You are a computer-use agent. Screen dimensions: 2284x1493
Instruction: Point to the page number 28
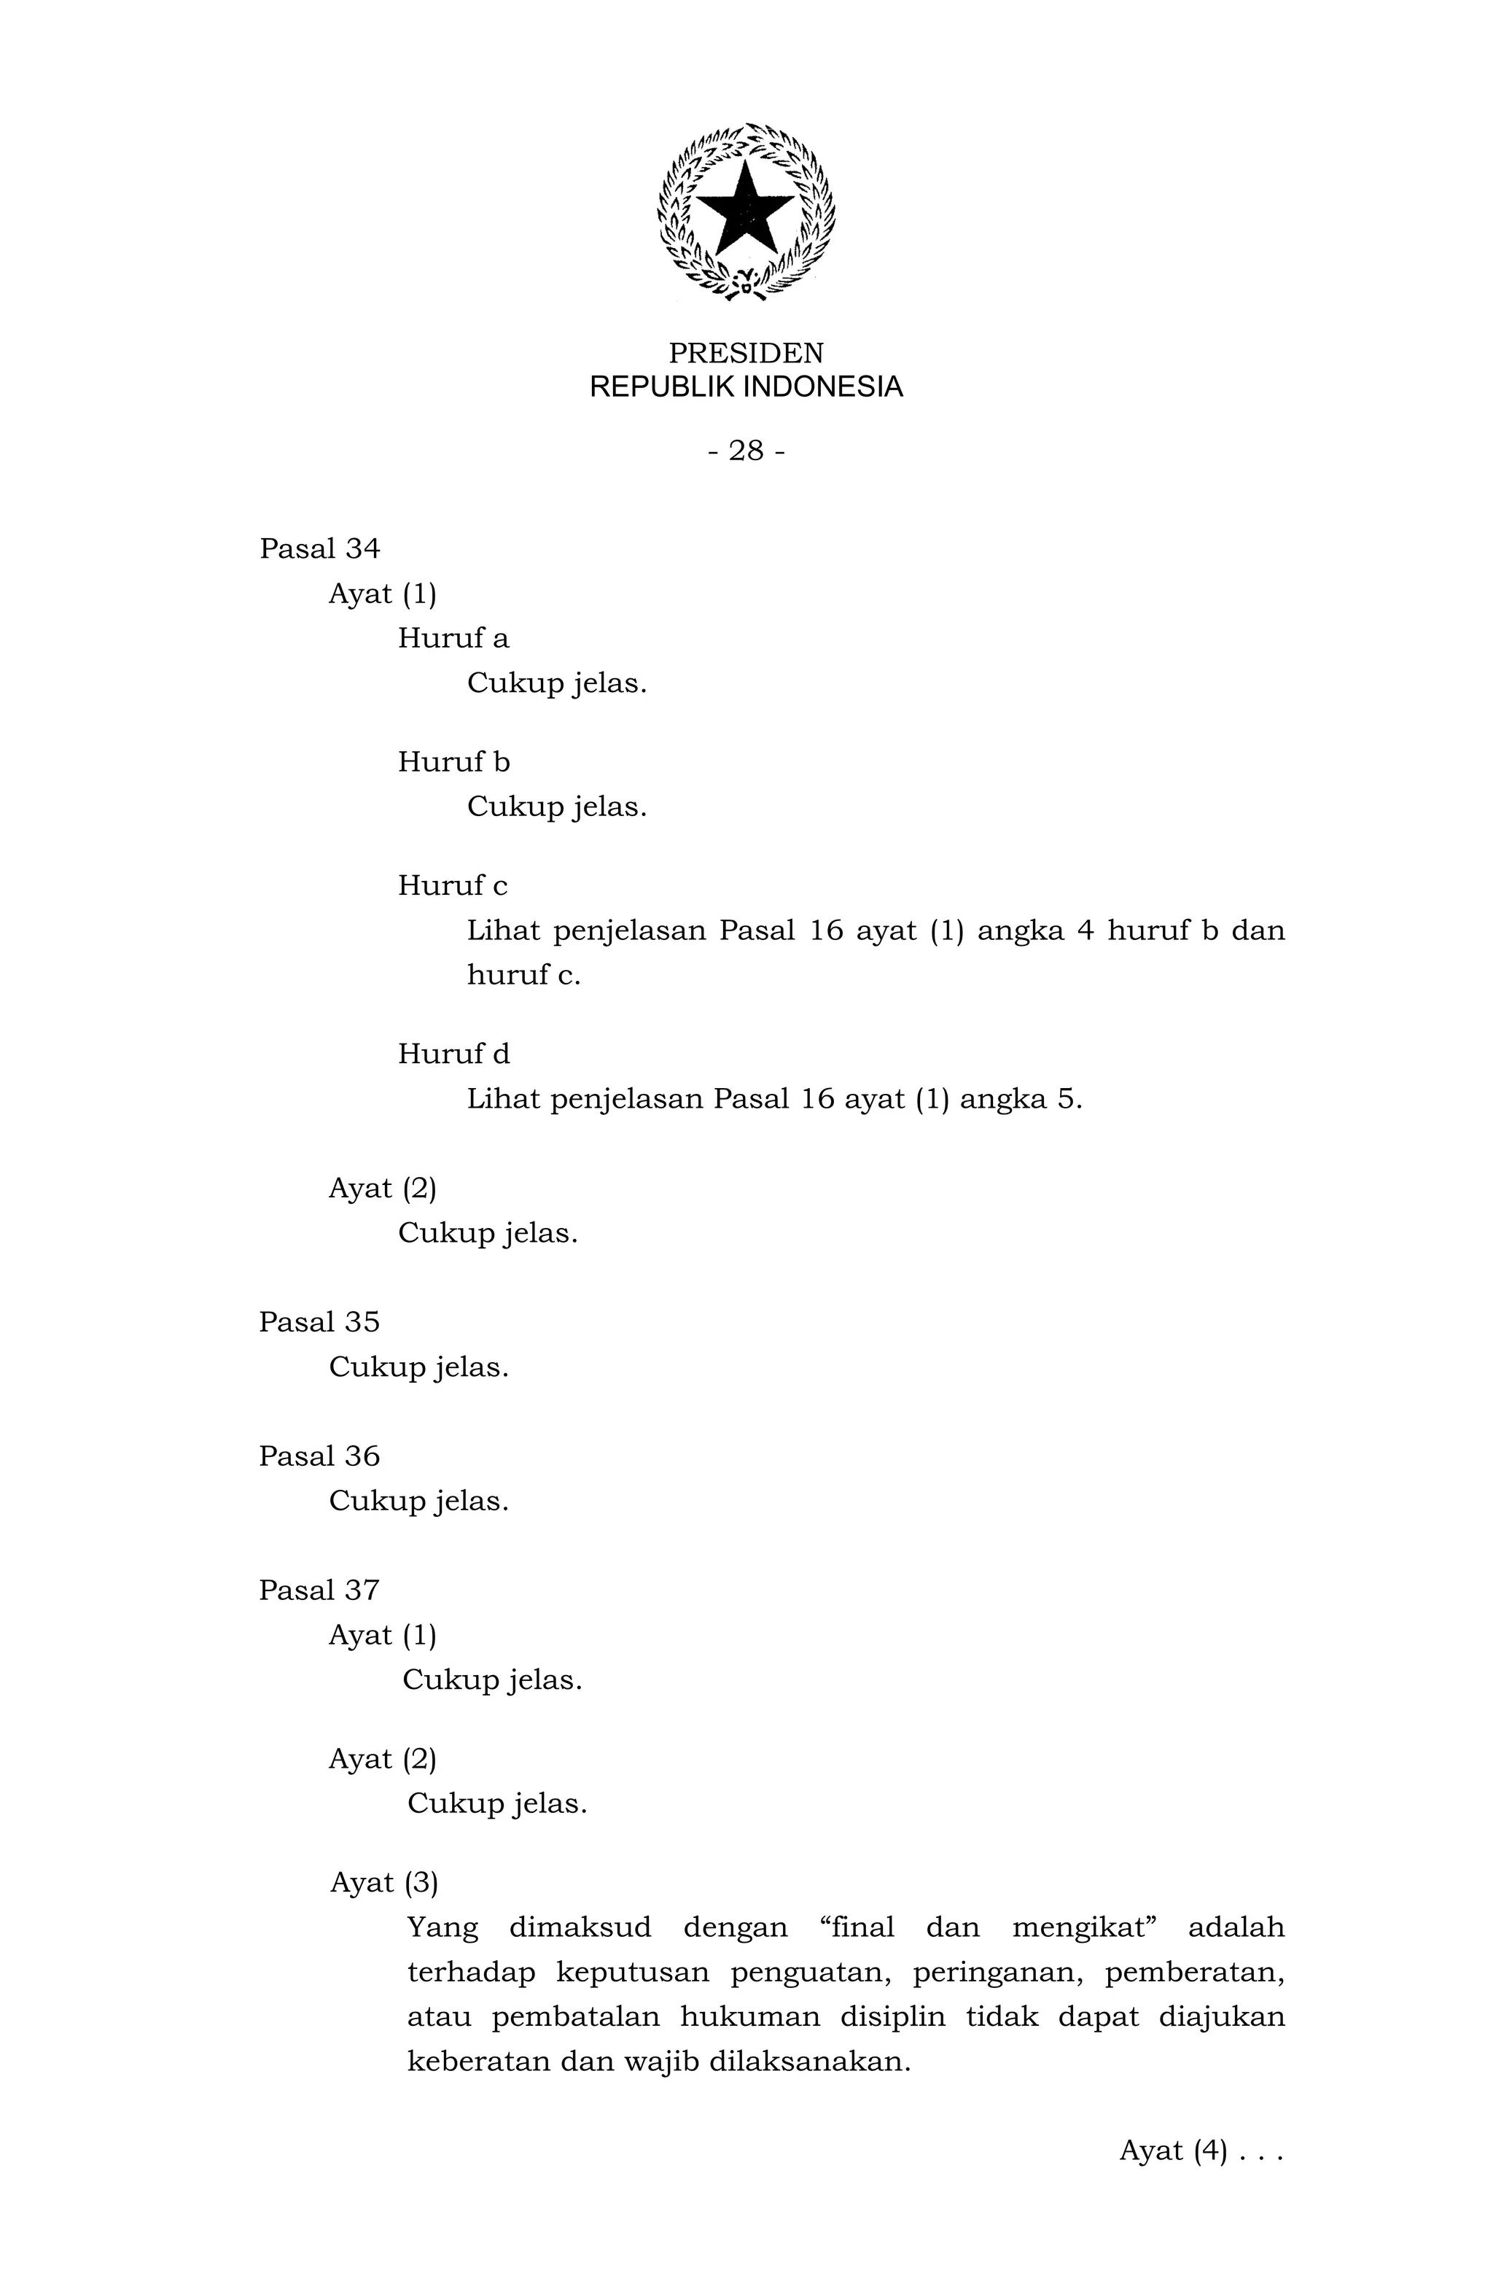tap(746, 450)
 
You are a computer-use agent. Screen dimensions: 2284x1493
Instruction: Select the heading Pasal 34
tap(319, 549)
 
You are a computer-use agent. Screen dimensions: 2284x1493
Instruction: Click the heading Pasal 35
tap(319, 1322)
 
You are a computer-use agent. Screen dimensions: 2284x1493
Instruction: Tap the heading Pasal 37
tap(319, 1590)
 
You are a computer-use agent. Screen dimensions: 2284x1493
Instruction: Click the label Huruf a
tap(453, 638)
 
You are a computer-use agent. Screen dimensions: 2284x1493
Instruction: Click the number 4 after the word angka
tap(1085, 931)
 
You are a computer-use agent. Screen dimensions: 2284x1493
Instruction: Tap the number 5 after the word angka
tap(1067, 1099)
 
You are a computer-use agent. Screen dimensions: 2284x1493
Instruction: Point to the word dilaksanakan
tap(808, 2062)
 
